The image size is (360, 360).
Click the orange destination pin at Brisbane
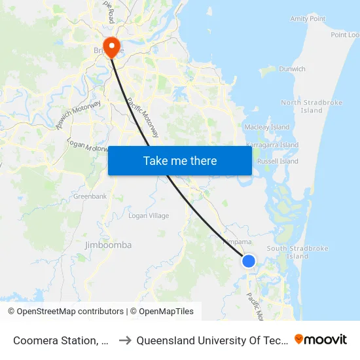[113, 46]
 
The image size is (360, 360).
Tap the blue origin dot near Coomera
[249, 261]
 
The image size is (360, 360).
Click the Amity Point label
[308, 19]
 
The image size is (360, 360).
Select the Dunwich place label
[292, 69]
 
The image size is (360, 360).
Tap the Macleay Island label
[266, 126]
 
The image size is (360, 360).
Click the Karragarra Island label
[272, 145]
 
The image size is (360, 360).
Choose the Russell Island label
[278, 161]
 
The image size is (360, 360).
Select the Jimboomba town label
[109, 245]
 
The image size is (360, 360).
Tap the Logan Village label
[149, 215]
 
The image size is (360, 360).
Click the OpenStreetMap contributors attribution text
[65, 312]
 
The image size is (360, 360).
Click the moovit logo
[320, 339]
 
